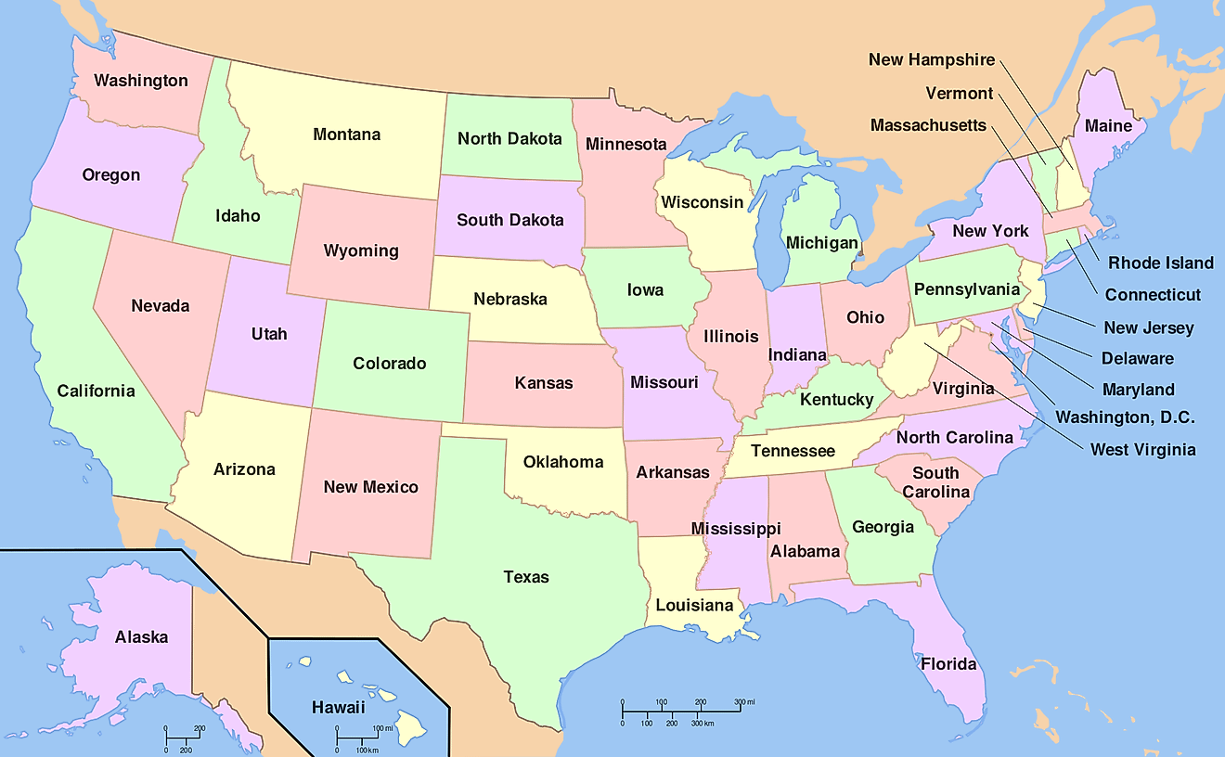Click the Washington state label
point(141,81)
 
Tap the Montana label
point(346,135)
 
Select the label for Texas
point(526,577)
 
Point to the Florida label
point(948,664)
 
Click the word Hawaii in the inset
point(338,707)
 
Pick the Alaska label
point(142,637)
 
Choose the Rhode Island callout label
point(1160,263)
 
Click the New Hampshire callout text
point(931,60)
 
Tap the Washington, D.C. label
point(1125,417)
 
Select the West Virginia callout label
point(1142,450)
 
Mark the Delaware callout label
point(1137,358)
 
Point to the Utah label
point(269,334)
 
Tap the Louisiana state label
point(694,606)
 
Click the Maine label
point(1108,125)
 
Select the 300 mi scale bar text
point(745,701)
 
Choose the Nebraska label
point(510,300)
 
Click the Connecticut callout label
point(1153,295)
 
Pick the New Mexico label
point(370,487)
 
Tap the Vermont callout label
point(959,94)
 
